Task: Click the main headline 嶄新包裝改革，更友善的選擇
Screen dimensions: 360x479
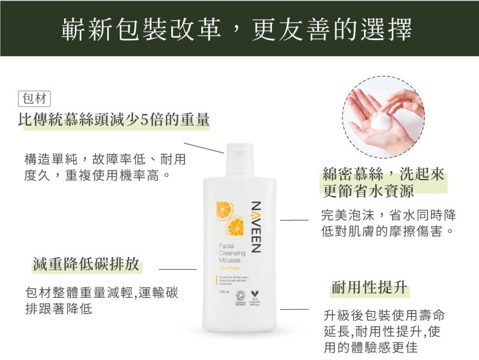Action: [239, 28]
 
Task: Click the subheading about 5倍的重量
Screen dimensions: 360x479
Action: [114, 120]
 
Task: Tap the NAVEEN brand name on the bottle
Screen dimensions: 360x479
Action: [254, 227]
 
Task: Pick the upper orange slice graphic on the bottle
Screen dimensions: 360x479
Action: [225, 209]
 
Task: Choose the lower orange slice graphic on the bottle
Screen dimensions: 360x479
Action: [234, 228]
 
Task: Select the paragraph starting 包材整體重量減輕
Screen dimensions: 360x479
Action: [101, 301]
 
